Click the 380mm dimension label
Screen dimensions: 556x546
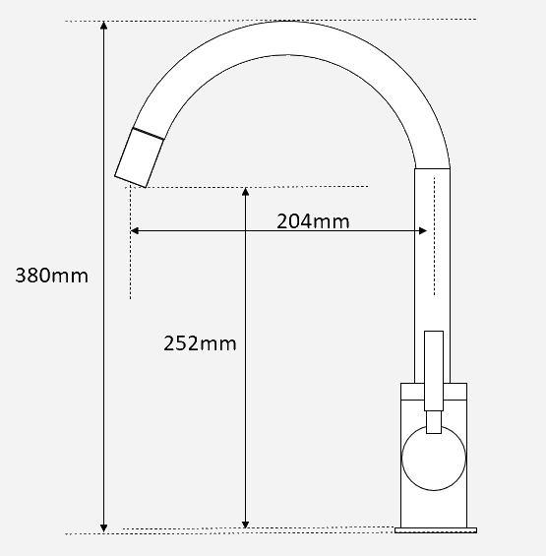[51, 276]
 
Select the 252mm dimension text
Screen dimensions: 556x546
[200, 343]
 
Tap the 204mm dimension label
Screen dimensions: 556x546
[313, 220]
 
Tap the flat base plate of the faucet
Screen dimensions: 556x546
[435, 531]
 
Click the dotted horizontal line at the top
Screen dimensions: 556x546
[295, 19]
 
